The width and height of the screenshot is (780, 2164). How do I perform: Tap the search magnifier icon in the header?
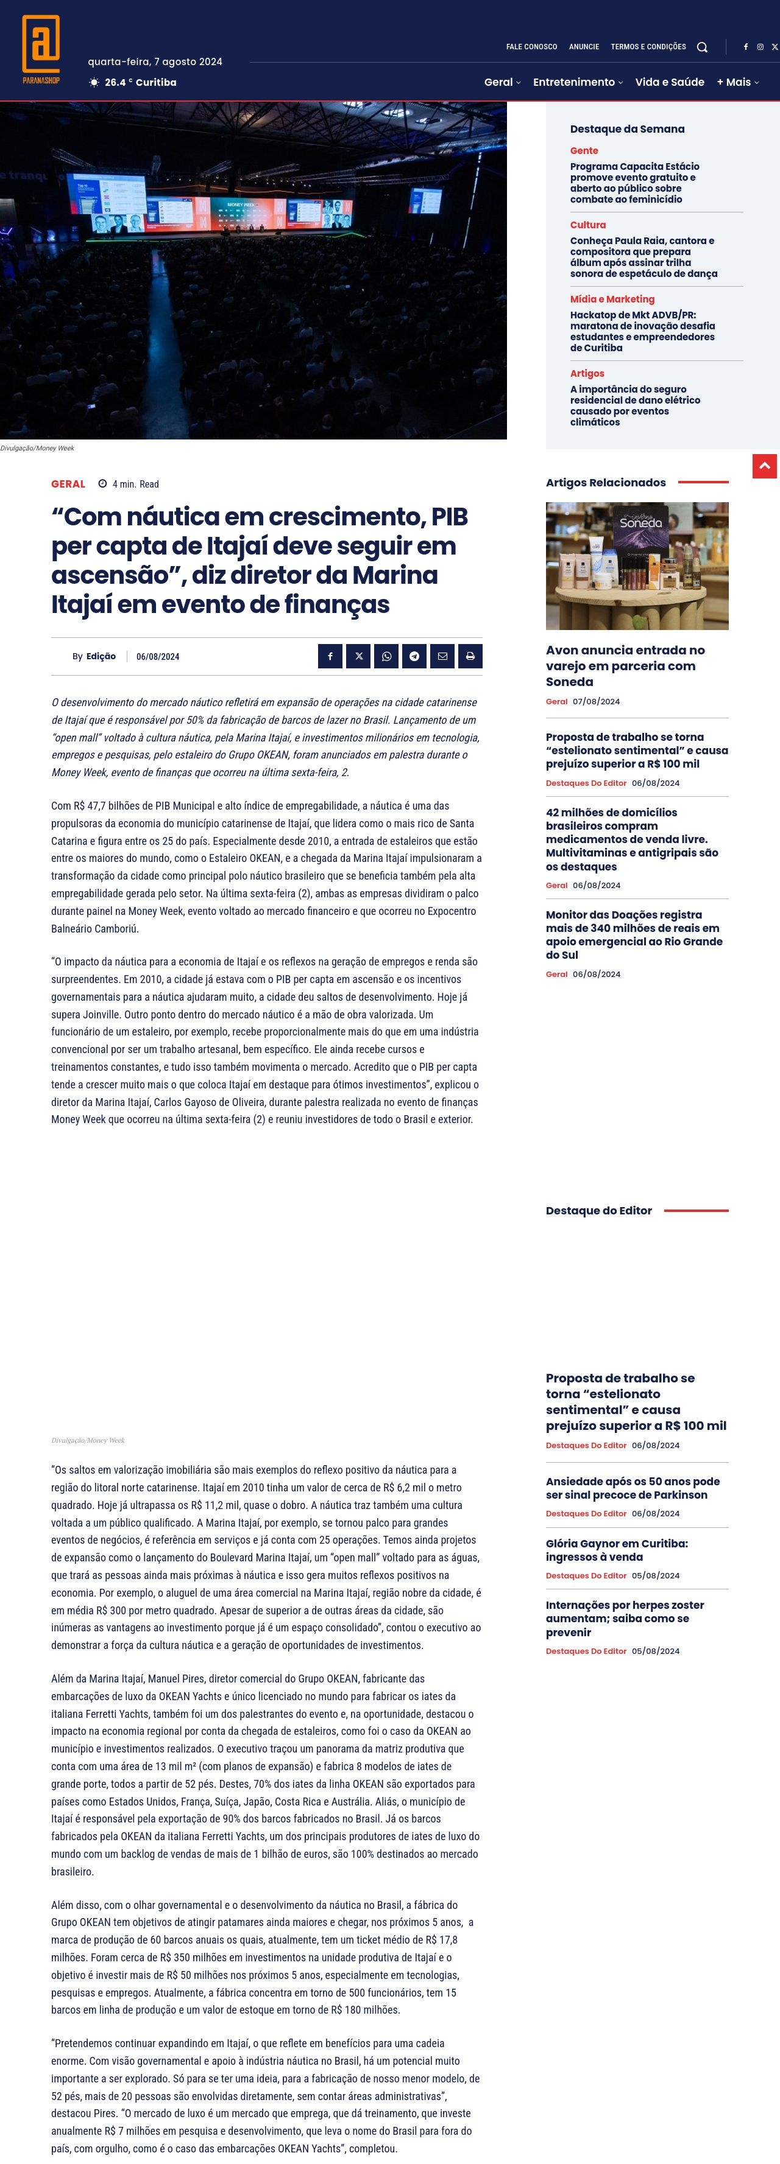702,47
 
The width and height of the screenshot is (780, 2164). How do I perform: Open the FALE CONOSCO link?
531,47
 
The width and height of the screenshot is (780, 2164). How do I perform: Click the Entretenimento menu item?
578,82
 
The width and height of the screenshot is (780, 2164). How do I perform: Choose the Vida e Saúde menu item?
669,82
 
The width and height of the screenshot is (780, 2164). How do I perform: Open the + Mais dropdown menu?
737,82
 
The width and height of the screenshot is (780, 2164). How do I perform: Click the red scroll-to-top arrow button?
764,466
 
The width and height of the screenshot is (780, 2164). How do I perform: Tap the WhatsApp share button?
386,656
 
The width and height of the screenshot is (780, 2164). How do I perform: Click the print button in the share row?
470,656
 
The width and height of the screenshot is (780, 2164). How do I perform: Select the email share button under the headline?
442,656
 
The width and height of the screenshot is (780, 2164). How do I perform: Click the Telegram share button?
414,656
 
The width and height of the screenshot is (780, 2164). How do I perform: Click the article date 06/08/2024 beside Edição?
158,657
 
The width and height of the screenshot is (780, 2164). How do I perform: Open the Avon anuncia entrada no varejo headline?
625,665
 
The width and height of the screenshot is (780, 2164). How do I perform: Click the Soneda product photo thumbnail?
636,566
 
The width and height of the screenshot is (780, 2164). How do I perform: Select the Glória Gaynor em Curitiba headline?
616,1550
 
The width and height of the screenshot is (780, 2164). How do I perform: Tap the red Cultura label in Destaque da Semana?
587,225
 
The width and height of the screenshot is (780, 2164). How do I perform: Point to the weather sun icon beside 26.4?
94,82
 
